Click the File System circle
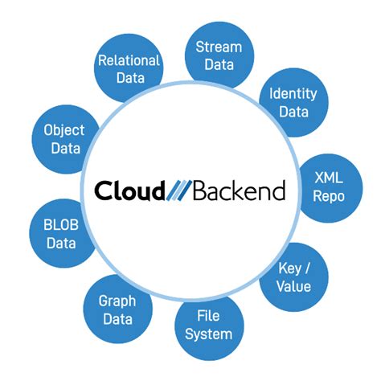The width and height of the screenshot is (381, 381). (209, 323)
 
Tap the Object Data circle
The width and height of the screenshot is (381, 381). (64, 138)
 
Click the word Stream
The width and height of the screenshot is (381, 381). (219, 45)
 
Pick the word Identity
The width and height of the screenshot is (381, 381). (293, 92)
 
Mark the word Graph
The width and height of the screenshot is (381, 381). (117, 300)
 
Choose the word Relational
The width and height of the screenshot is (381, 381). (129, 59)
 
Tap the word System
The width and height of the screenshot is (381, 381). (209, 334)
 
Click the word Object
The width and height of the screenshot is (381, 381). (64, 129)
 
